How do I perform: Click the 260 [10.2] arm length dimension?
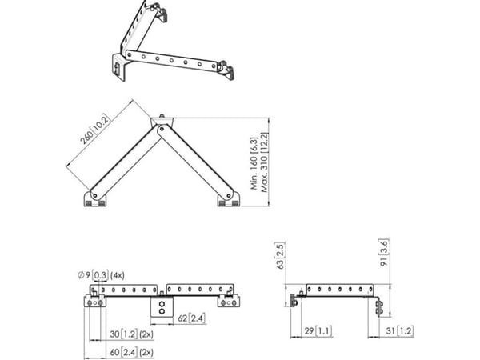[x=94, y=129]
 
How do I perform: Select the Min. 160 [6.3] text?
[x=254, y=163]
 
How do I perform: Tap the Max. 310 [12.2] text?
[x=264, y=162]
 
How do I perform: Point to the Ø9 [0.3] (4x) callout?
[x=101, y=275]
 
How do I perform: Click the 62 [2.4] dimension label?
[x=191, y=318]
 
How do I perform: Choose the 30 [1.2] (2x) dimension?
[x=131, y=334]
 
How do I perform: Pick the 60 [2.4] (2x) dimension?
[x=131, y=352]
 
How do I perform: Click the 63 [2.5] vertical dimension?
[x=281, y=255]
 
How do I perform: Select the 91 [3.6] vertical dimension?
[x=385, y=253]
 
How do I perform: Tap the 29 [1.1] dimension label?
[x=318, y=331]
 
